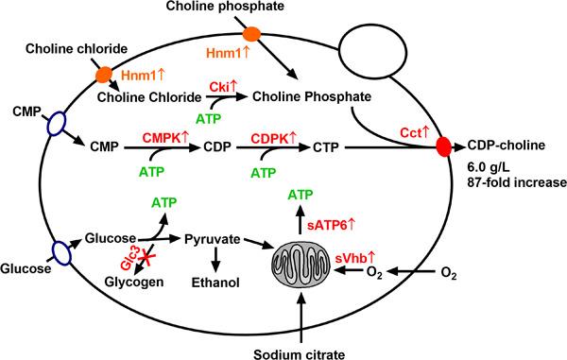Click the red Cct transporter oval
coord(443,147)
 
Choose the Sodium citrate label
coord(300,346)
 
